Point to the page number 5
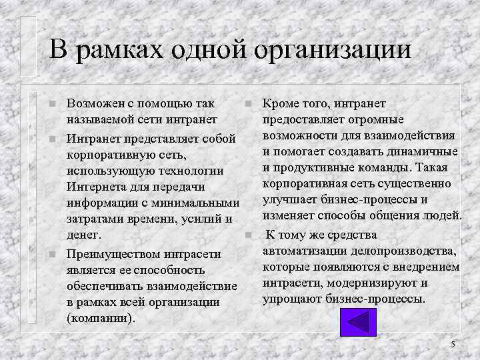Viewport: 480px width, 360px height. pos(453,344)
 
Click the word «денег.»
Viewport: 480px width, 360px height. pos(85,235)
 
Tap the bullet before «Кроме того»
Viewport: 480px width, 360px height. pos(247,105)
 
